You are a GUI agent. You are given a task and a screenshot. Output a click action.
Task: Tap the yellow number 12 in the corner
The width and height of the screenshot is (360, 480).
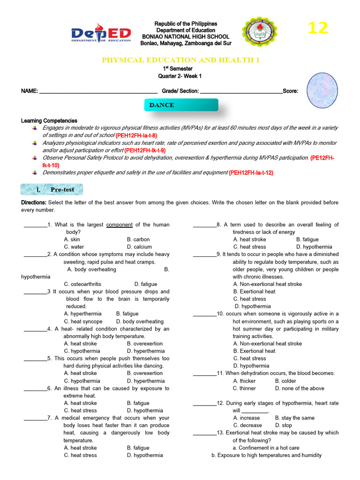317,28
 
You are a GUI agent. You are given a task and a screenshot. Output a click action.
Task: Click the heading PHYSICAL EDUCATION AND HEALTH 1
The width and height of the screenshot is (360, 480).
180,60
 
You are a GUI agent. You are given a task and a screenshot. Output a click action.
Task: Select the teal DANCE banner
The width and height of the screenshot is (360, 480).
181,105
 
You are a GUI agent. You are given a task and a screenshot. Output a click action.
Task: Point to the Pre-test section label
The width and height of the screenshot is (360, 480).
52,189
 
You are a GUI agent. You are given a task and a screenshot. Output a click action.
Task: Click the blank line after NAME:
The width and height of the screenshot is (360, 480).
98,91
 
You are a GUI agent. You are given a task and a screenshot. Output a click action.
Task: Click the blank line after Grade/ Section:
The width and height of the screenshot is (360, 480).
241,91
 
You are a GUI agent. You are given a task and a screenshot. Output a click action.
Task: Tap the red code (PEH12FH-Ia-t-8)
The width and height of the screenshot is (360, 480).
136,135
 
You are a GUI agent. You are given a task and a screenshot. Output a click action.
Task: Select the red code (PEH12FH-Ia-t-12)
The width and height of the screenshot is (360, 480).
251,172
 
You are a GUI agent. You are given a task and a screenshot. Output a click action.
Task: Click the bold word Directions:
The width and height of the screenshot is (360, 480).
34,202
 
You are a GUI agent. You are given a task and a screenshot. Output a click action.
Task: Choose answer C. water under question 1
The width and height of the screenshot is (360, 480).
74,247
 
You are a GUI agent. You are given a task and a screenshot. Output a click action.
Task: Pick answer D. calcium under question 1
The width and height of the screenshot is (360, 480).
139,247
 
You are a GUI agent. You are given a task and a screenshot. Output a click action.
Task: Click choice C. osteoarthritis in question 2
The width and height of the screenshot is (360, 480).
82,284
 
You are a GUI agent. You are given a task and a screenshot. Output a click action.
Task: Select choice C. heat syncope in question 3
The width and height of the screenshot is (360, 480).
83,322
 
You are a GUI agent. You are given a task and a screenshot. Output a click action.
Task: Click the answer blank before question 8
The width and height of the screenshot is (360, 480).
204,225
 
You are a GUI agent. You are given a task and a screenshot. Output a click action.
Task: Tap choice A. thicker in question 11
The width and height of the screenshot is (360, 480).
244,381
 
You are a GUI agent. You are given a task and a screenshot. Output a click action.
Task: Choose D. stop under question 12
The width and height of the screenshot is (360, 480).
283,425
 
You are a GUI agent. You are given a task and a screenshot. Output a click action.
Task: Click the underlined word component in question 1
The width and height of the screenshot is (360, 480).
120,225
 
